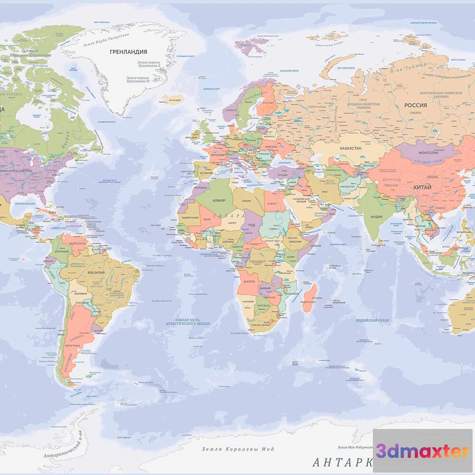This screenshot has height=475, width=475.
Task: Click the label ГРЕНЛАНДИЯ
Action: [128, 52]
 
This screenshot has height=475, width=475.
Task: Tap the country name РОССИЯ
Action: [415, 105]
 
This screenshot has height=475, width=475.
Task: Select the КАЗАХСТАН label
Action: [350, 148]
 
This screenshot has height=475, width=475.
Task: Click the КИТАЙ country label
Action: [422, 188]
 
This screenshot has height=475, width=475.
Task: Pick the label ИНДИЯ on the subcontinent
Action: [376, 217]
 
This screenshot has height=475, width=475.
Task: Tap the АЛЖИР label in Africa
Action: [220, 201]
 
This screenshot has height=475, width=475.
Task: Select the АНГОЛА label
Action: [249, 281]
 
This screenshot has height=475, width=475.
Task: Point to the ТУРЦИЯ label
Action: [282, 175]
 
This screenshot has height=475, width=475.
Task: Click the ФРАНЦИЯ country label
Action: [217, 155]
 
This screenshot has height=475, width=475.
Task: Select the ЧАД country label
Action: [252, 224]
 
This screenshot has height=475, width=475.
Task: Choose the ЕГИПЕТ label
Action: [272, 204]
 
